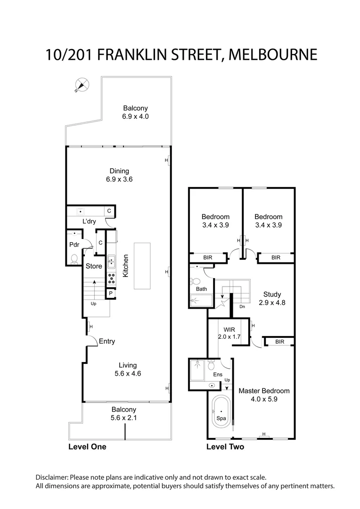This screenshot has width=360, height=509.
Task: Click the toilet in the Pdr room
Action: pos(74,258)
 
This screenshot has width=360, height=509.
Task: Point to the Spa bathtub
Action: pos(221,411)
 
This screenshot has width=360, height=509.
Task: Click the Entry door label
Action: pos(107,341)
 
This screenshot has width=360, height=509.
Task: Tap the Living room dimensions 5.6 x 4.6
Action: pos(128,373)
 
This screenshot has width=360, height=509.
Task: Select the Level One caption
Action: pos(87,447)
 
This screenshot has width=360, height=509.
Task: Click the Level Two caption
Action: pos(225,447)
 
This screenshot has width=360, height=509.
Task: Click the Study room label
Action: pos(272,295)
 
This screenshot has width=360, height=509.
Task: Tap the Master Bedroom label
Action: pos(264,391)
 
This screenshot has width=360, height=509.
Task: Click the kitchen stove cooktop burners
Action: pos(112,278)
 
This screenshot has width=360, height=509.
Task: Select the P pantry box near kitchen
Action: pos(110,294)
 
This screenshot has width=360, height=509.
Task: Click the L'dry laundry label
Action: pos(90,222)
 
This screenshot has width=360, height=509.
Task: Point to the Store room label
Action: pos(94,266)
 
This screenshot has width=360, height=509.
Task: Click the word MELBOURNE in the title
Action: pos(273,54)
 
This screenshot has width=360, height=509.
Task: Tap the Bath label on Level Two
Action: pos(202,289)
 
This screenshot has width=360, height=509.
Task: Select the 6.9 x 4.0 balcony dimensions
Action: pos(136,116)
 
